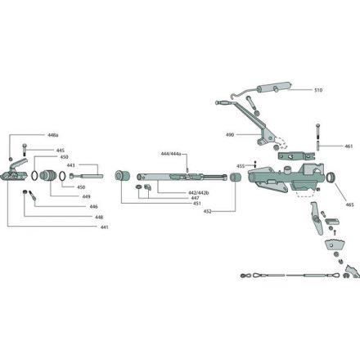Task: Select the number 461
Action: (348, 146)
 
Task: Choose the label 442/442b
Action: (196, 191)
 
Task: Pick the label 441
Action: (104, 227)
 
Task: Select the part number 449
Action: (86, 196)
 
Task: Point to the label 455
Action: (241, 166)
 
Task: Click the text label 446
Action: (94, 207)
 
